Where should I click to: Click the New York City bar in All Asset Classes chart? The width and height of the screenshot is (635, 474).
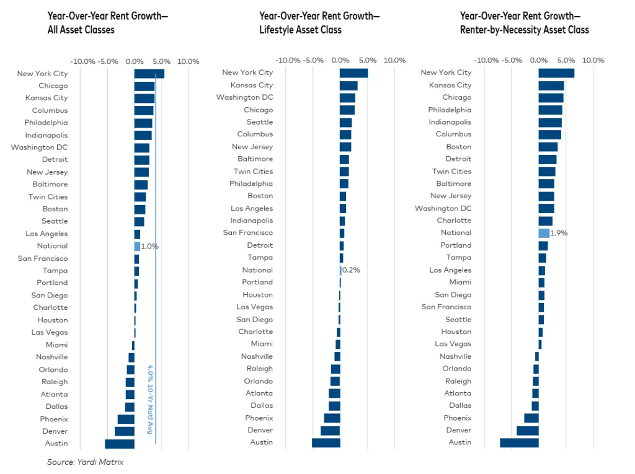149,74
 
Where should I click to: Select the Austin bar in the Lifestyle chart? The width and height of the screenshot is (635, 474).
326,442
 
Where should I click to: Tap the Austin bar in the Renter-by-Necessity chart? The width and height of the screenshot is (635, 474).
520,442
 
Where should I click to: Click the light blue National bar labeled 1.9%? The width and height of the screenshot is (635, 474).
544,233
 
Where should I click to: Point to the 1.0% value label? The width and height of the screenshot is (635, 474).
149,246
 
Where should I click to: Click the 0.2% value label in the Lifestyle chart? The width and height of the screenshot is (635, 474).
351,270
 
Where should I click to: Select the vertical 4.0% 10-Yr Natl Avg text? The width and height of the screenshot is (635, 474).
150,399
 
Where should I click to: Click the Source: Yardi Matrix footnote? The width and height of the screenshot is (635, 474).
86,462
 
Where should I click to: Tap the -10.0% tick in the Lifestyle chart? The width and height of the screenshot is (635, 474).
288,61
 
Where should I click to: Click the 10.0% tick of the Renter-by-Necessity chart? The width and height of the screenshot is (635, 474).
593,61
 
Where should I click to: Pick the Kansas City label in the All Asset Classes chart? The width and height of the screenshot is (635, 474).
47,98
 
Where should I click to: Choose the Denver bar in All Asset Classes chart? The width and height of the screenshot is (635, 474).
125,431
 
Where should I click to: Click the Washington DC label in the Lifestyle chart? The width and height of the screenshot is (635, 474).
244,97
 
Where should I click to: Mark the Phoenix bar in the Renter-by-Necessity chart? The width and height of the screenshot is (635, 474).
531,418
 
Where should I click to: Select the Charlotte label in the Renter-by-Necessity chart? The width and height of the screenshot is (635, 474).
454,221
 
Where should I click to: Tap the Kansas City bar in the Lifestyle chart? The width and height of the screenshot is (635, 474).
349,86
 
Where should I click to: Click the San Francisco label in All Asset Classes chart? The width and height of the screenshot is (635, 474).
43,258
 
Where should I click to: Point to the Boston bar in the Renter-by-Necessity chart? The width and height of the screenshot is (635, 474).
548,147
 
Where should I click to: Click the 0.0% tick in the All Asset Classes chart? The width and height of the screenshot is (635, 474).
135,61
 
